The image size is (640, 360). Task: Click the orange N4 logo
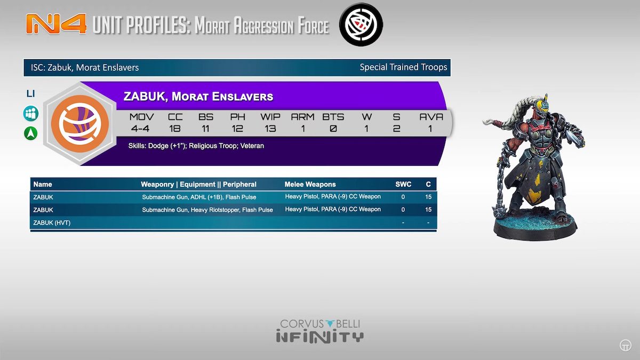coord(57,24)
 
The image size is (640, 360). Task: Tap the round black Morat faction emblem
coord(361,25)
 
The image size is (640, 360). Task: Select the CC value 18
coord(174,129)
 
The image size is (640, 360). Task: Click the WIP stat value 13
coord(270,129)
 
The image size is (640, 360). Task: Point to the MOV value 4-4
coord(140,129)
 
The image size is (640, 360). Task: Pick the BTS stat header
coord(333,117)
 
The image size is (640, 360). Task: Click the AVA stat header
coord(431,117)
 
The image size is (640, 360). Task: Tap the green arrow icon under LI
coord(31,133)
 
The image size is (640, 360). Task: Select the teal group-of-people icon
coord(31,114)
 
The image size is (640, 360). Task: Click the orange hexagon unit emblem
coord(80,123)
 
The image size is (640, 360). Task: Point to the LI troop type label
coord(30,93)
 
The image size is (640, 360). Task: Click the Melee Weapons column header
coord(310,185)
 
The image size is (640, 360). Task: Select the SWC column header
coord(403,185)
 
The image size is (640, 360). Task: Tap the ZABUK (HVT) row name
coord(52,222)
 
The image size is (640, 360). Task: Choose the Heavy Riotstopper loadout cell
coord(207,210)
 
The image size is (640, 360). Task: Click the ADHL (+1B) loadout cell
coord(199,197)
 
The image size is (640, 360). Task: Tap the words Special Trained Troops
coord(403,67)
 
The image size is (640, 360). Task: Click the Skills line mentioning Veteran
coord(196,146)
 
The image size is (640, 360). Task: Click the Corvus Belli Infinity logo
coord(319,331)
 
